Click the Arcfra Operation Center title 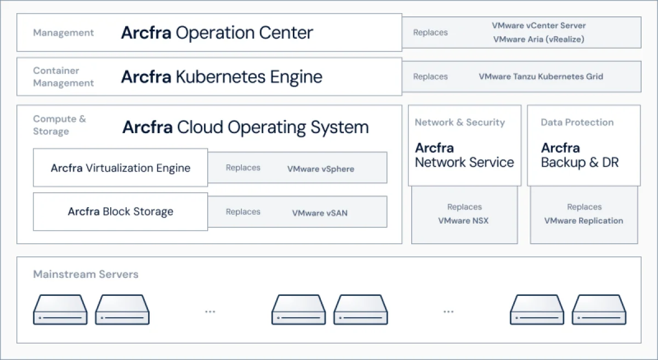(217, 33)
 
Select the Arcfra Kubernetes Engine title (222, 77)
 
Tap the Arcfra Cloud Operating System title (245, 128)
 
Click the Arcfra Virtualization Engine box (121, 168)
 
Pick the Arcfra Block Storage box (121, 212)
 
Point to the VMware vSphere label (321, 169)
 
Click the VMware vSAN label (320, 213)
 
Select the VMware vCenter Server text (538, 26)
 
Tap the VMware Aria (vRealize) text (538, 39)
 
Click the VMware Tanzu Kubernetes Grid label (541, 77)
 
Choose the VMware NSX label (463, 221)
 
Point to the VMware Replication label (583, 221)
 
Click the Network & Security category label (460, 123)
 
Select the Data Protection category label (577, 123)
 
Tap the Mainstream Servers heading (86, 274)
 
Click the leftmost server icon (60, 310)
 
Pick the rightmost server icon (599, 310)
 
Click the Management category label (64, 33)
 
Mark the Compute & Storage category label (59, 125)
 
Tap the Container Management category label (64, 77)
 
